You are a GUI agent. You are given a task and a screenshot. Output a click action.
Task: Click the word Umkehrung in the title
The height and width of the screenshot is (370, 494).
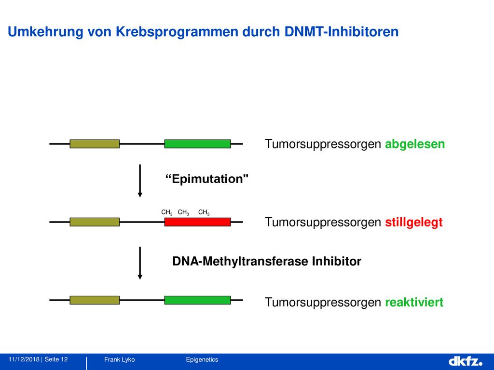tap(45, 32)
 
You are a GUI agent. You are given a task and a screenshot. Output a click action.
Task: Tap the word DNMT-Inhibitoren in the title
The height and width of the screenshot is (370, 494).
tap(342, 31)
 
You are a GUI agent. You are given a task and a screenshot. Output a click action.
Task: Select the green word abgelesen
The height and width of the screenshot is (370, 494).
tap(415, 144)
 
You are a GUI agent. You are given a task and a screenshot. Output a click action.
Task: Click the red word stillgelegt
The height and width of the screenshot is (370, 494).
tap(413, 223)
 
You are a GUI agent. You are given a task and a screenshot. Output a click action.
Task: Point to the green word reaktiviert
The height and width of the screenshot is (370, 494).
tap(414, 302)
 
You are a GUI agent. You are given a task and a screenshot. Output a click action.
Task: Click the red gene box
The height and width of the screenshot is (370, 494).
tap(197, 222)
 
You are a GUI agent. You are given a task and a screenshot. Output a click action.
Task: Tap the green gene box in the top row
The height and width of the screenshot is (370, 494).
tap(197, 144)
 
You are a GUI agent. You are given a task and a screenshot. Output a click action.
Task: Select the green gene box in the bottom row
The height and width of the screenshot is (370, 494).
tap(197, 300)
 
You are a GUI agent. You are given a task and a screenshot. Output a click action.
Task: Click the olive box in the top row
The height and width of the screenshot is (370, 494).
tap(95, 144)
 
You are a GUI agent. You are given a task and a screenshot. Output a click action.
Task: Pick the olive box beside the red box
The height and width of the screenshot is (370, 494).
tap(95, 222)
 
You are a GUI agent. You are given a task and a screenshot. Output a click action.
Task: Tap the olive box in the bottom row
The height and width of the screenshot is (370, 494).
tap(95, 300)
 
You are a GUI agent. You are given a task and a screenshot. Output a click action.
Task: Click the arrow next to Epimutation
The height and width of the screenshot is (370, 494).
tap(140, 181)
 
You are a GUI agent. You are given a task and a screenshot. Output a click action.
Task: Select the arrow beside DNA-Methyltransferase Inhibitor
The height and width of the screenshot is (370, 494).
tap(140, 263)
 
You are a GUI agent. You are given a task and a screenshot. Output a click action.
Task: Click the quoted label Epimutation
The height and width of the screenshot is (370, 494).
tap(207, 179)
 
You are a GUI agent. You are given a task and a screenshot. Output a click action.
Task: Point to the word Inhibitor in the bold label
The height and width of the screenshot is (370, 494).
tap(336, 262)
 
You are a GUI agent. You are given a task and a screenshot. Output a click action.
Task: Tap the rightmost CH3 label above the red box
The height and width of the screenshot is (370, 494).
tap(204, 212)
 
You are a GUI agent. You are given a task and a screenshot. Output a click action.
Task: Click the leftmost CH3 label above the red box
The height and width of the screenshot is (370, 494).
tap(166, 212)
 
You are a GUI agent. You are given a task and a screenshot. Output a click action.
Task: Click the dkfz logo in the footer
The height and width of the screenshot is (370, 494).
tap(466, 361)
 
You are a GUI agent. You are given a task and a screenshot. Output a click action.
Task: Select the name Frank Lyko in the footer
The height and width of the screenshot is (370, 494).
tap(120, 359)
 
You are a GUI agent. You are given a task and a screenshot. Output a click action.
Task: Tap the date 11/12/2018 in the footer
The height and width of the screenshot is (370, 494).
tap(24, 359)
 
